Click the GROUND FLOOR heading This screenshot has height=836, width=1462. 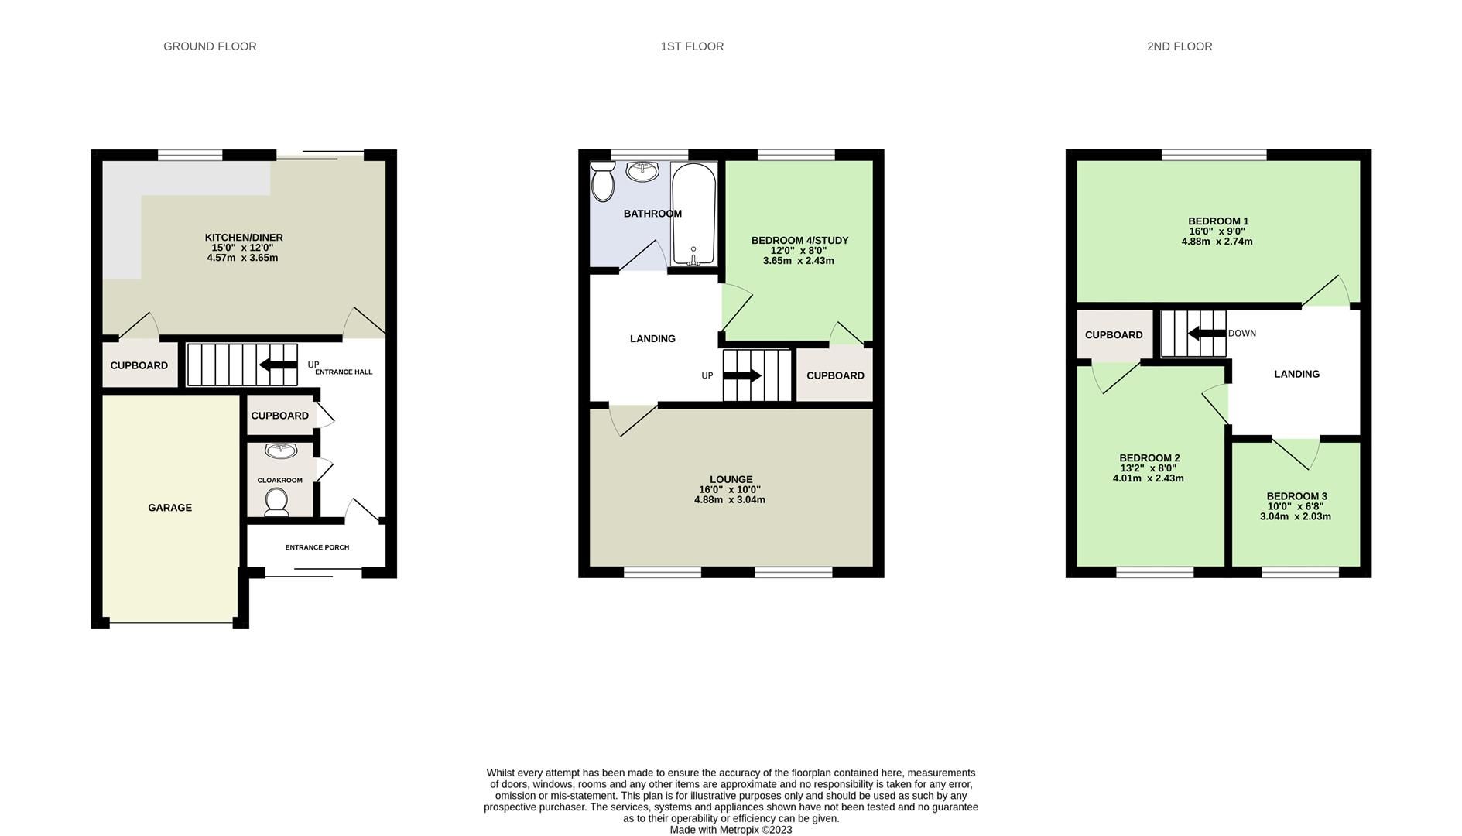pyautogui.click(x=210, y=46)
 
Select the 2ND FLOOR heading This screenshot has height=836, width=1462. pyautogui.click(x=1179, y=46)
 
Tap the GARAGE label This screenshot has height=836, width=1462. pyautogui.click(x=169, y=508)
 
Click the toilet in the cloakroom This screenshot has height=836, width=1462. pyautogui.click(x=276, y=502)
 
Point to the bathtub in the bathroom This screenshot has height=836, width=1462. pyautogui.click(x=693, y=213)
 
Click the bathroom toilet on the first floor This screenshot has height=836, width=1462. pyautogui.click(x=602, y=183)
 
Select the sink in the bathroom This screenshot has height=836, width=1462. pyautogui.click(x=642, y=171)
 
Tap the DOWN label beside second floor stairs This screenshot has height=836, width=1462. pyautogui.click(x=1241, y=334)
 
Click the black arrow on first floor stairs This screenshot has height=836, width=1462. pyautogui.click(x=742, y=375)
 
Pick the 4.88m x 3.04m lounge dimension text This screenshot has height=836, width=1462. pyautogui.click(x=730, y=500)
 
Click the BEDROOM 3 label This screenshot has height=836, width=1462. pyautogui.click(x=1296, y=496)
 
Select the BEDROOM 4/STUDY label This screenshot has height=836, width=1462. pyautogui.click(x=799, y=241)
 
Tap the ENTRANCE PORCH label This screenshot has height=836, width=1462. pyautogui.click(x=317, y=547)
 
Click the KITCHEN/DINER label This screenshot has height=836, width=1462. pyautogui.click(x=243, y=238)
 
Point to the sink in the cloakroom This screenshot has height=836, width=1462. pyautogui.click(x=280, y=451)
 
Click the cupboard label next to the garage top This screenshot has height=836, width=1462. pyautogui.click(x=279, y=416)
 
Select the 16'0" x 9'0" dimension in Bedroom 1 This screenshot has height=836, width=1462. pyautogui.click(x=1217, y=231)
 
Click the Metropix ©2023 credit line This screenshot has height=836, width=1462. pyautogui.click(x=731, y=830)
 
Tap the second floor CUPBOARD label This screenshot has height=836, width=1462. pyautogui.click(x=1113, y=335)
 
